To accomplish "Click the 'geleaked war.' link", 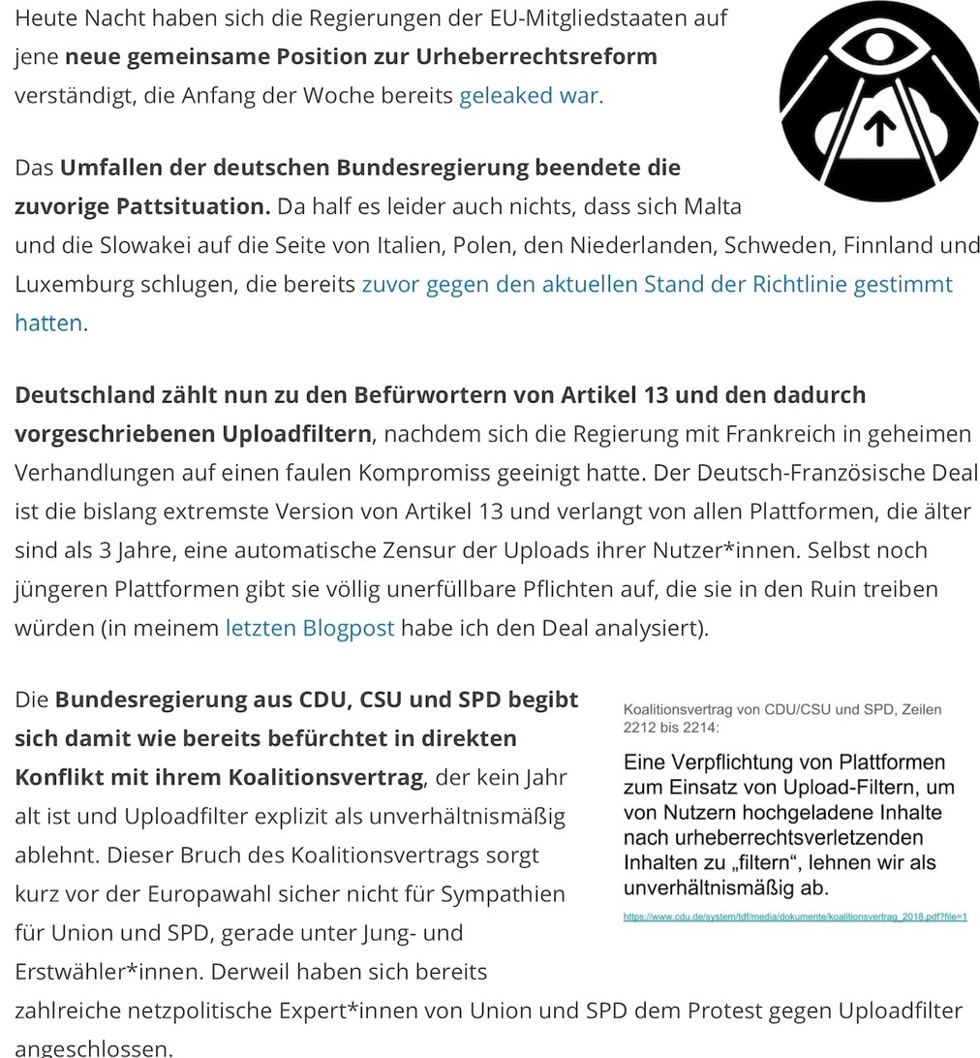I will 531,96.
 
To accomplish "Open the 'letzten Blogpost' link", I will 310,628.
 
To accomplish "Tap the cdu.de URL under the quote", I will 795,917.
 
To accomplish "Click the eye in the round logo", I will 879,46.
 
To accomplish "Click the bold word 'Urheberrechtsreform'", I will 536,56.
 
